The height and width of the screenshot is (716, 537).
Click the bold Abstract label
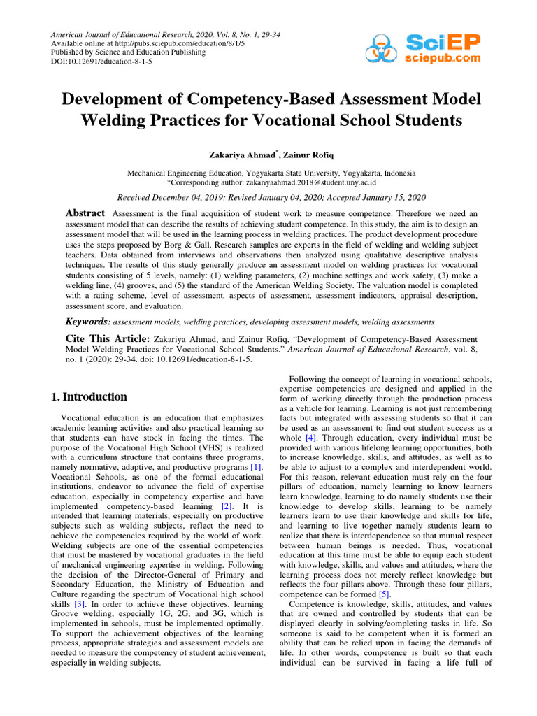[x=85, y=213]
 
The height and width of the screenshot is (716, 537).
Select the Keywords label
[x=87, y=322]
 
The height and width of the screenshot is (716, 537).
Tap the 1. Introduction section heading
[x=90, y=396]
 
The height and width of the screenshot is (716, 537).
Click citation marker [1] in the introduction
[x=257, y=466]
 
